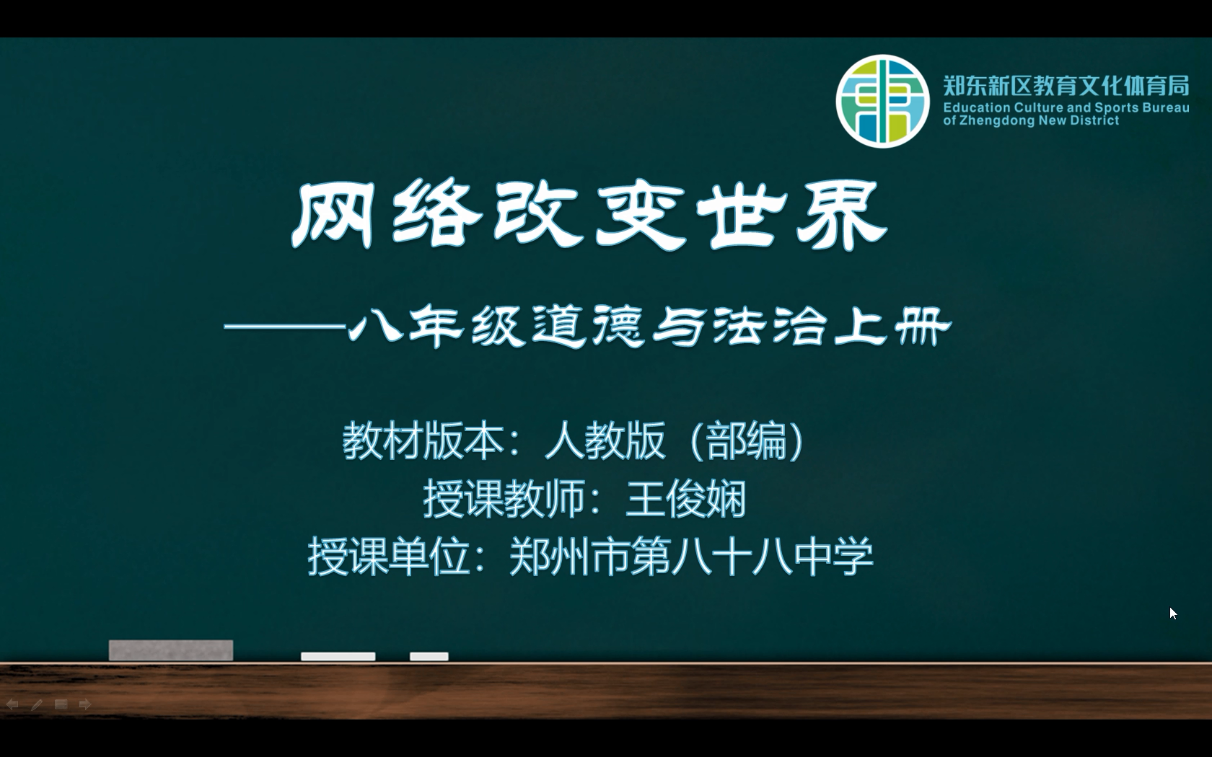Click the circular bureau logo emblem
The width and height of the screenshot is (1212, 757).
(x=882, y=101)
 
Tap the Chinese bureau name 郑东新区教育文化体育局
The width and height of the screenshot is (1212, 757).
(x=1066, y=86)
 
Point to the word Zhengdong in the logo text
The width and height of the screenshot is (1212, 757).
(x=996, y=120)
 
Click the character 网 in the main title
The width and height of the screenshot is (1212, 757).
(x=332, y=215)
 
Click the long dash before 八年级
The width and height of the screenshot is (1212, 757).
(x=285, y=327)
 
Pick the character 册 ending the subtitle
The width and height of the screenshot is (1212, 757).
(x=923, y=327)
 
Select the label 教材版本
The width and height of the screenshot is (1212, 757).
(x=423, y=441)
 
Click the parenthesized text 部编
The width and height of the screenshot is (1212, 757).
(x=747, y=441)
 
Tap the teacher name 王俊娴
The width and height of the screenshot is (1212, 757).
(x=686, y=499)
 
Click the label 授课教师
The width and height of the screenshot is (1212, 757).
(x=504, y=499)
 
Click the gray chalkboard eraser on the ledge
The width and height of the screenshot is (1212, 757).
(x=171, y=650)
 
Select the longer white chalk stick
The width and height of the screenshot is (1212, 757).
(x=338, y=656)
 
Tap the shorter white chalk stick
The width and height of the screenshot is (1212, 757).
(x=429, y=656)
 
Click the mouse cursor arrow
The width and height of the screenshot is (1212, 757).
(x=1173, y=613)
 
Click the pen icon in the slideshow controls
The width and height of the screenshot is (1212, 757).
(x=37, y=704)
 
